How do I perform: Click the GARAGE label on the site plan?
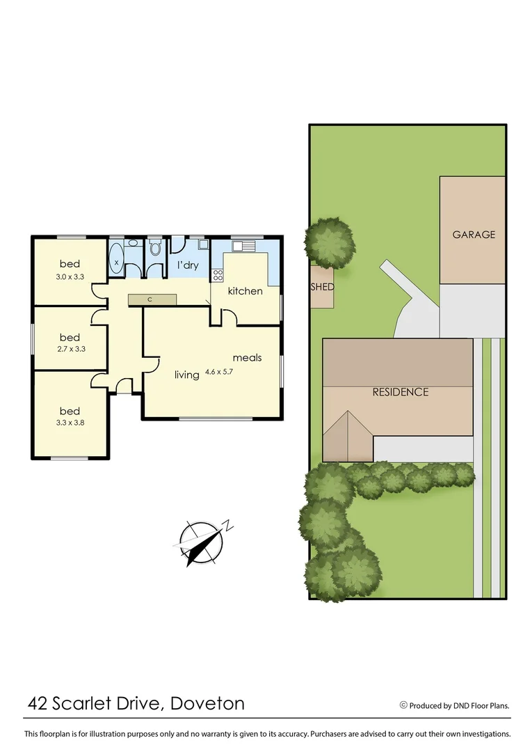[x=474, y=235]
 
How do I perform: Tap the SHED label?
[x=322, y=287]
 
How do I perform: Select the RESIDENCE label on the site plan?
[x=401, y=392]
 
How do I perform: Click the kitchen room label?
[x=245, y=291]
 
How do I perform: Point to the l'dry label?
[x=188, y=265]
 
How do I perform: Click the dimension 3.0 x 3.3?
[x=70, y=276]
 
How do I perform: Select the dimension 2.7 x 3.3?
[x=70, y=350]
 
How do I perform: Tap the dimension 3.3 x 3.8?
[x=70, y=422]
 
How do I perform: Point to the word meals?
[x=247, y=358]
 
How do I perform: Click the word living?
[x=187, y=375]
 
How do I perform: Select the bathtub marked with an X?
[x=116, y=262]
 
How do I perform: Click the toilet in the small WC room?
[x=155, y=249]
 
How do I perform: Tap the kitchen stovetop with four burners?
[x=218, y=274]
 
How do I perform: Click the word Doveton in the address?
[x=208, y=703]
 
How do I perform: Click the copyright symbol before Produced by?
[x=403, y=705]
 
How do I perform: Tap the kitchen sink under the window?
[x=244, y=246]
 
